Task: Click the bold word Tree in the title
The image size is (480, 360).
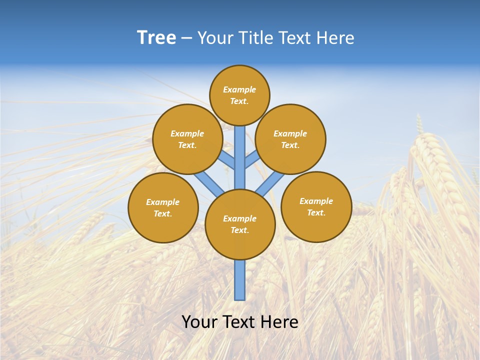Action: click(156, 38)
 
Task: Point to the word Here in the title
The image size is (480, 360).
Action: click(336, 38)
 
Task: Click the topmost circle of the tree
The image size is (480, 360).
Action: click(239, 95)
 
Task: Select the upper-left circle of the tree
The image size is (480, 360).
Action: click(187, 139)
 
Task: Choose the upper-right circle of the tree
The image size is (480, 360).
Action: click(290, 139)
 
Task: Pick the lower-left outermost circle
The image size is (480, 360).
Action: click(163, 207)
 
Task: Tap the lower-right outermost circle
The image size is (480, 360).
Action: click(316, 206)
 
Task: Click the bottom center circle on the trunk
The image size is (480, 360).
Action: click(240, 224)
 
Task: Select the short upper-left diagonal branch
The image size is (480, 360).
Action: click(227, 160)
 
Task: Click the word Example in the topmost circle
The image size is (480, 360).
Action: click(239, 89)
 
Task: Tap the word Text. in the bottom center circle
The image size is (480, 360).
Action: click(239, 230)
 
